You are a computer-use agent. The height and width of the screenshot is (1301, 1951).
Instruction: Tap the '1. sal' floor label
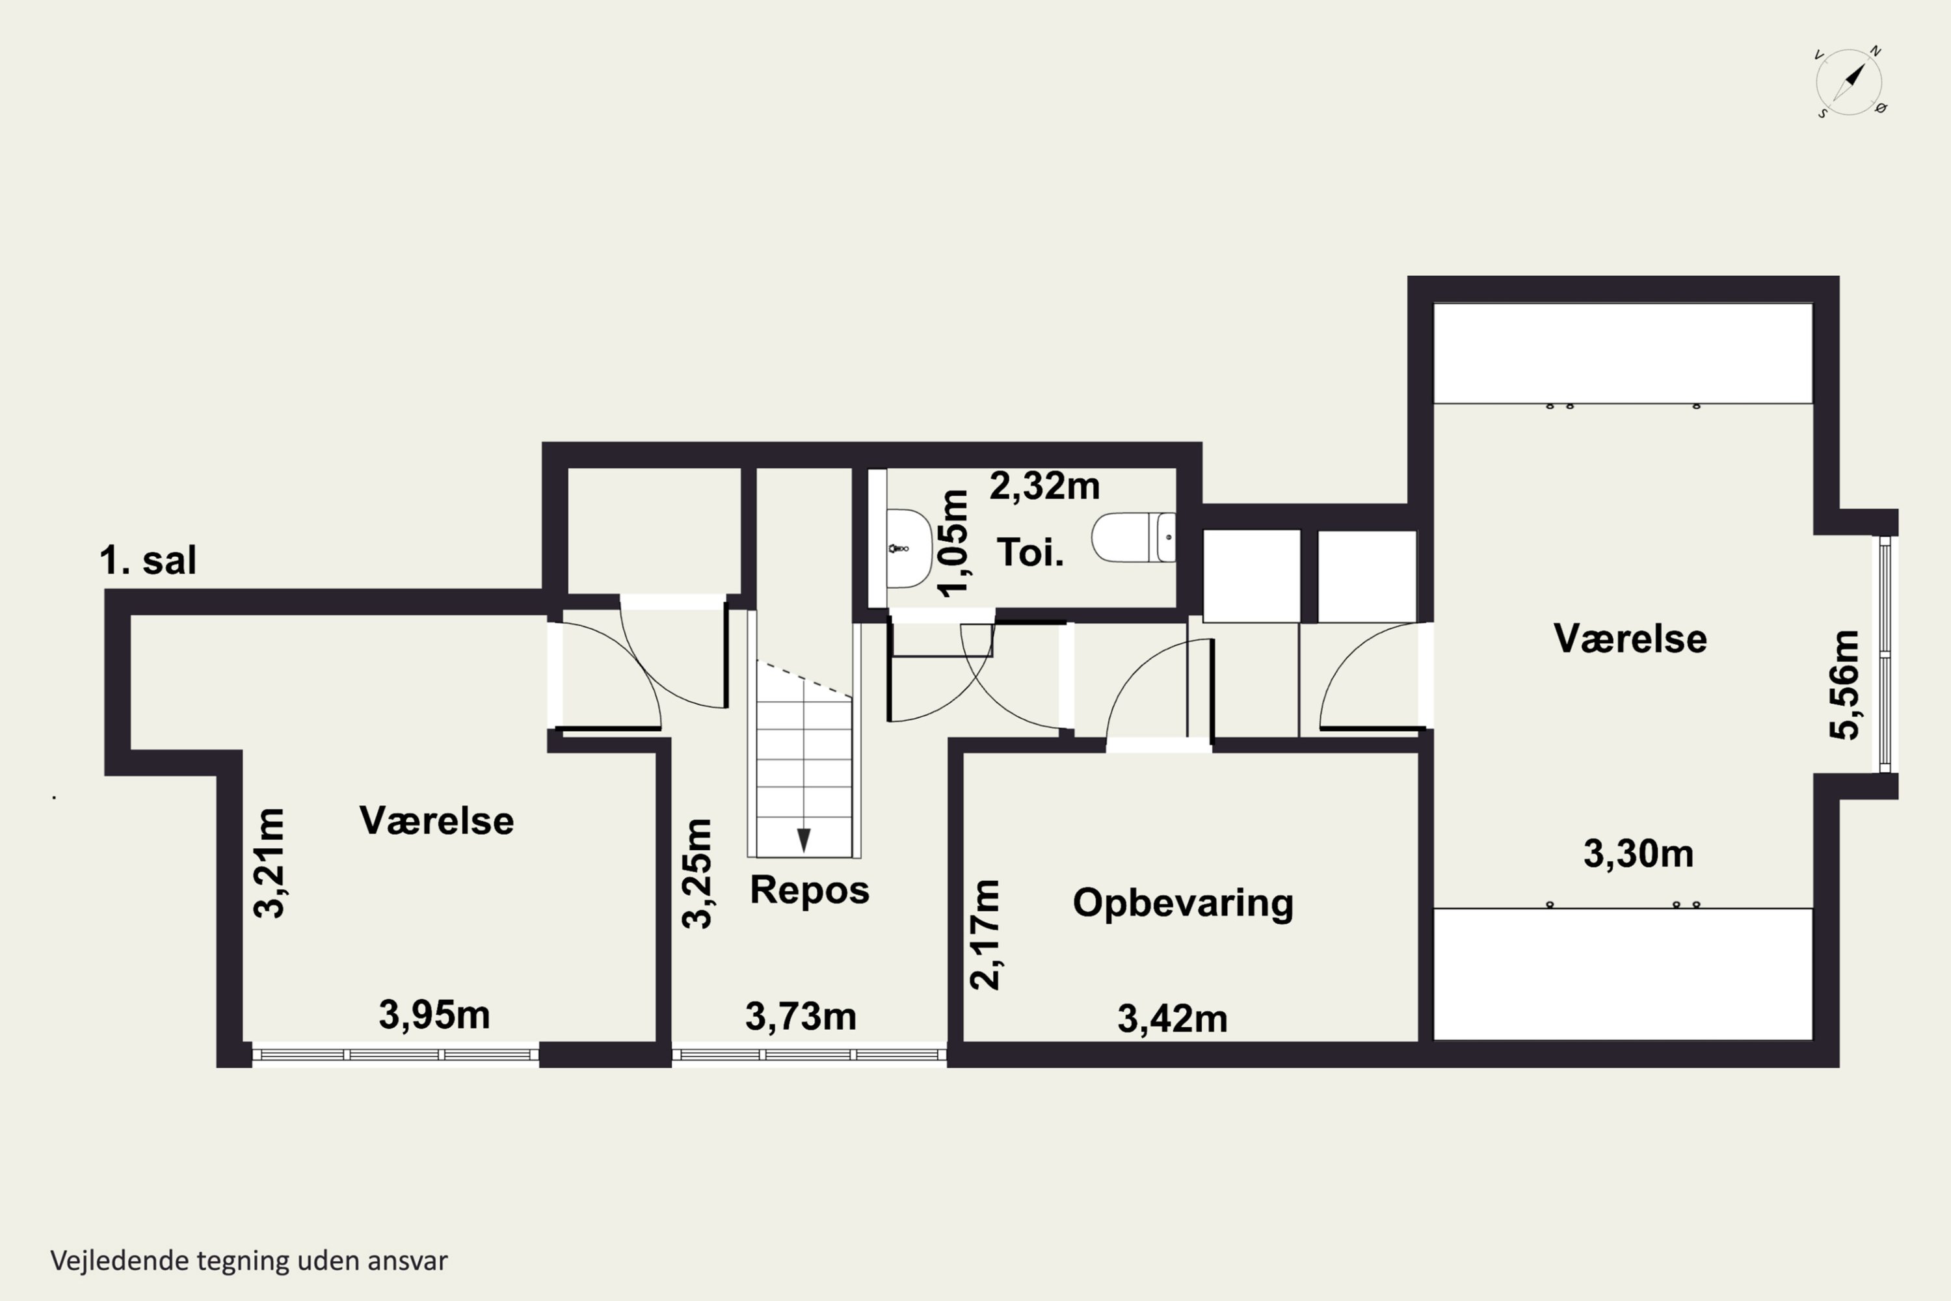148,560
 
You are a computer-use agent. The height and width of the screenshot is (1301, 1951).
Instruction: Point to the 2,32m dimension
1044,486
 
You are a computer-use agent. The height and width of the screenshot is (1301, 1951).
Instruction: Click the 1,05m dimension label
954,543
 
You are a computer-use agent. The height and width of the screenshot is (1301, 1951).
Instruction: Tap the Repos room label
810,889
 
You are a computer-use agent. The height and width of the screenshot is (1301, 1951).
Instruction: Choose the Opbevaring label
1183,904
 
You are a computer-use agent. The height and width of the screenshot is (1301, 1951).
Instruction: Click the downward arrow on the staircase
803,840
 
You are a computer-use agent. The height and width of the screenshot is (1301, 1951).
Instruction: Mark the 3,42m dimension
1172,1019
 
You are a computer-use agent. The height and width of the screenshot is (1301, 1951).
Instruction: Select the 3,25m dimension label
697,874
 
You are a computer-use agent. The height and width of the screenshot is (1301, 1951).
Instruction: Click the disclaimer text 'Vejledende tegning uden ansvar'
249,1261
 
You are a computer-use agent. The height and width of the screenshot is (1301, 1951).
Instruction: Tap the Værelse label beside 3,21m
436,820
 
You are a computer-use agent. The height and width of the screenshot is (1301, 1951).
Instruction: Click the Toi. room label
1030,552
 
